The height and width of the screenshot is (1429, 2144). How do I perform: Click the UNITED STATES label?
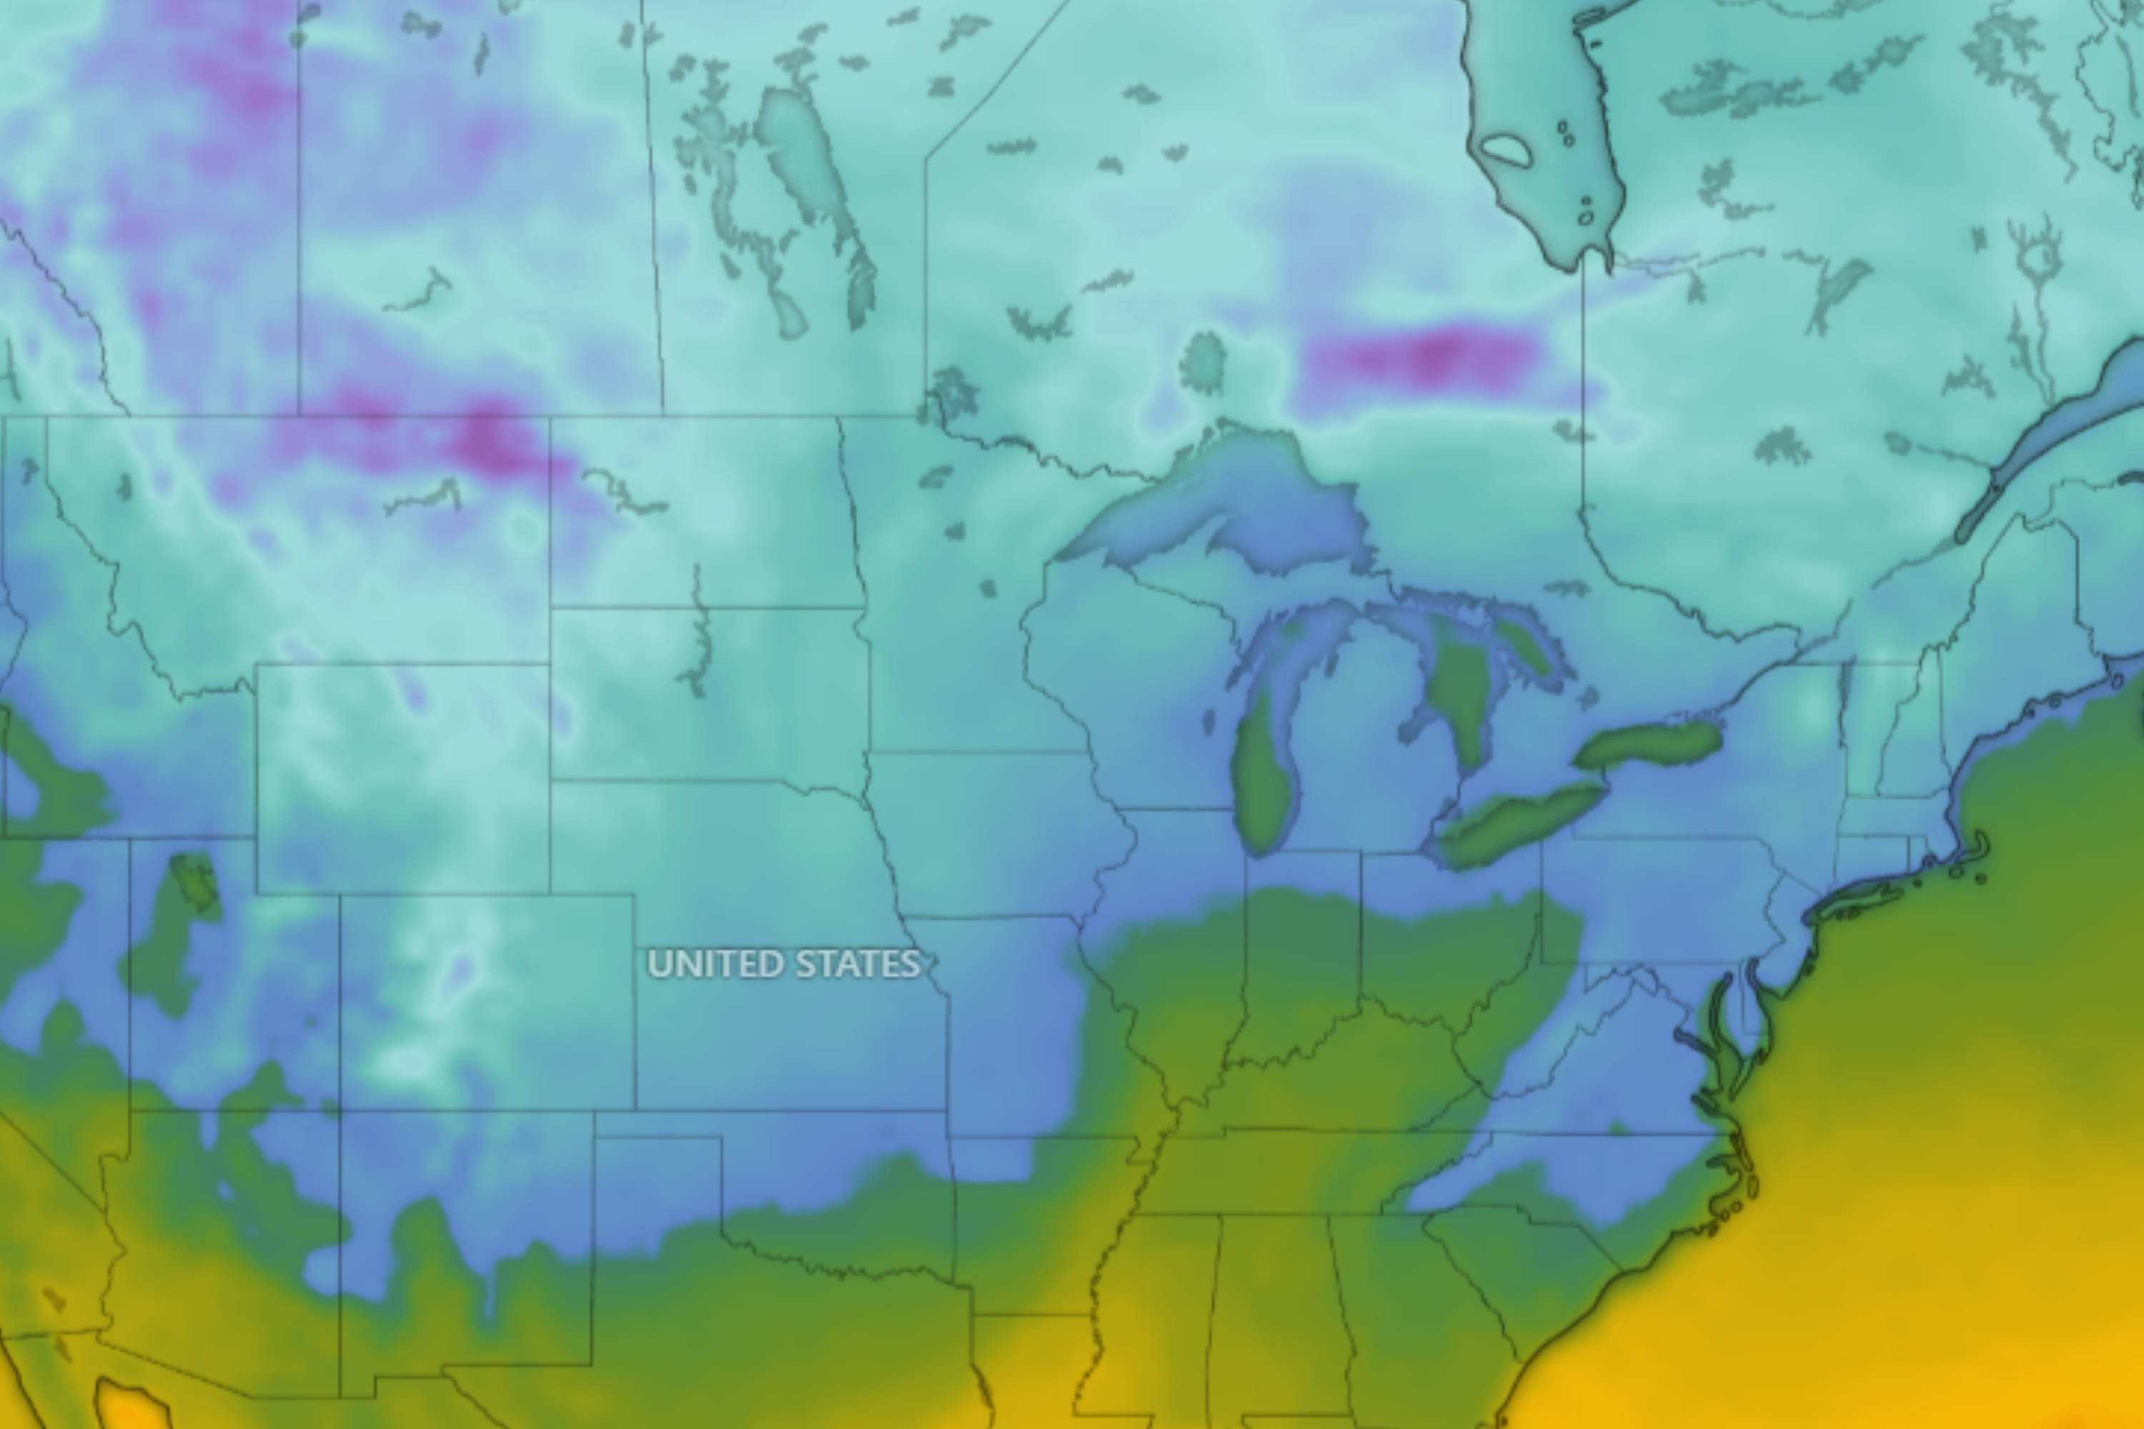tap(784, 964)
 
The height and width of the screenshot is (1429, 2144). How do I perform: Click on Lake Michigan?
tap(1264, 775)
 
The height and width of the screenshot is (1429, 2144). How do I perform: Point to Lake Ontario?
tap(1650, 743)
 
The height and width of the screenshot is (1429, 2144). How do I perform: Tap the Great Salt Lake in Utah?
tap(196, 880)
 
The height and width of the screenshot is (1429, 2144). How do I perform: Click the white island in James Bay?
tap(1505, 150)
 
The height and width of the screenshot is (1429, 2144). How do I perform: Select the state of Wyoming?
tap(401, 780)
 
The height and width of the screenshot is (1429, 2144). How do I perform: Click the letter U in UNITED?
tap(658, 964)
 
